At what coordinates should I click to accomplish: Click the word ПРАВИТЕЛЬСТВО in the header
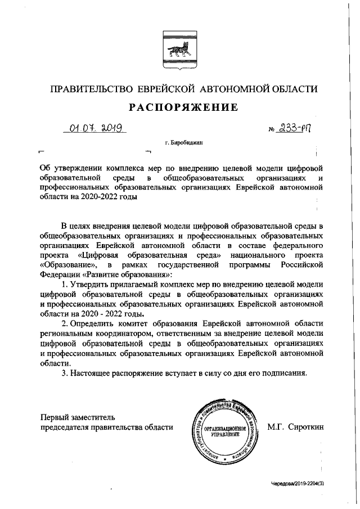point(91,89)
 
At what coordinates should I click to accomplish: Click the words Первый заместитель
point(77,417)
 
